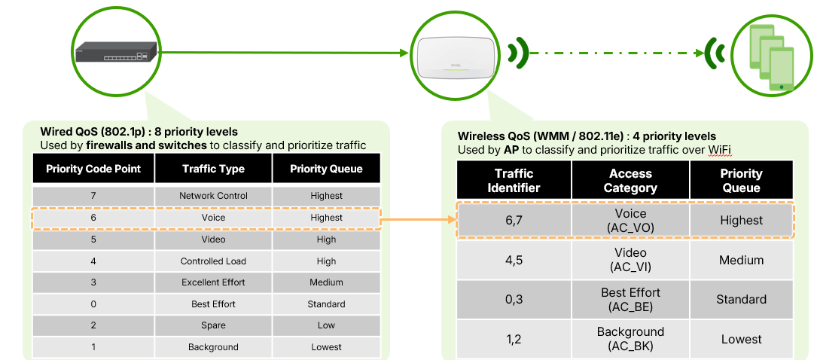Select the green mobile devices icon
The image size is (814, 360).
771,59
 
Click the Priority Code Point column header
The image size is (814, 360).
93,169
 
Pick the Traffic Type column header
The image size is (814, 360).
213,169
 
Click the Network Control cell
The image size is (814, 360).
213,196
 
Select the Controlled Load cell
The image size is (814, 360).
213,261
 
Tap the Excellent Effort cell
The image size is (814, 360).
213,282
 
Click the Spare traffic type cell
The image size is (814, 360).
213,325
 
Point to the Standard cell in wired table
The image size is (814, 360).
326,304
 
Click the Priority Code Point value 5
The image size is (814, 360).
93,239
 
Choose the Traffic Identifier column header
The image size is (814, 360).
514,180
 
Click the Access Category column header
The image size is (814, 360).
630,180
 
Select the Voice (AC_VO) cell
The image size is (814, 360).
630,220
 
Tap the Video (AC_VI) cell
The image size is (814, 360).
630,260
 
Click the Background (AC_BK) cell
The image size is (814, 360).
630,339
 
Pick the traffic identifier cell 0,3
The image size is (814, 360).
514,300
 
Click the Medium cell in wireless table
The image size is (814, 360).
741,260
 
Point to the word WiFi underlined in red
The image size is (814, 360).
720,150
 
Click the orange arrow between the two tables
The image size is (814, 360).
419,220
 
